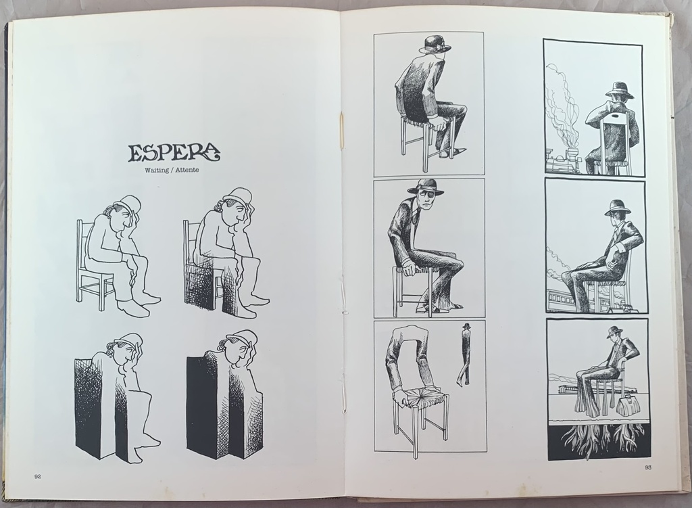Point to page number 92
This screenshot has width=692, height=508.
pyautogui.click(x=38, y=476)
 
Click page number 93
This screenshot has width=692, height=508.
pyautogui.click(x=648, y=468)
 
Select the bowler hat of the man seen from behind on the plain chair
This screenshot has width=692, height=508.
pyautogui.click(x=430, y=45)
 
